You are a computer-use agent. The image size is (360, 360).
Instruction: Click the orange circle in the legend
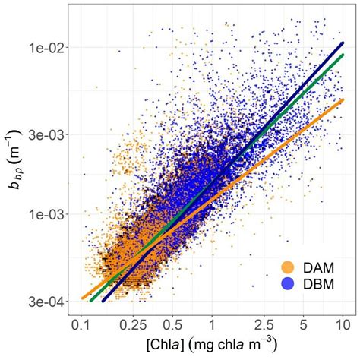tap(287, 267)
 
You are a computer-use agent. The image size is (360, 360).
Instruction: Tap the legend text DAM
tap(317, 267)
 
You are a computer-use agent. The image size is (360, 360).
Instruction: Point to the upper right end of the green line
tap(343, 55)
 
